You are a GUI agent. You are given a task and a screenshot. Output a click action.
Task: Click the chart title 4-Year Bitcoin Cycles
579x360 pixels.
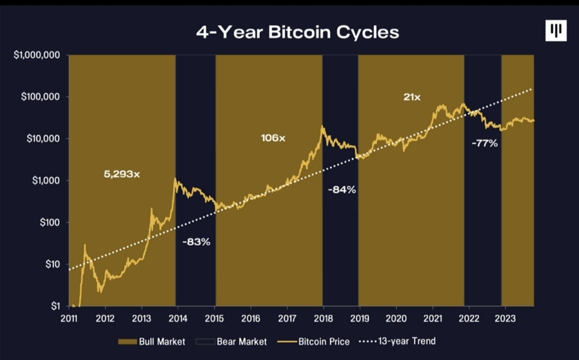[298, 32]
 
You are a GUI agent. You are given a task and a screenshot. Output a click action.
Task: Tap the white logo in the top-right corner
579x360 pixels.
[556, 30]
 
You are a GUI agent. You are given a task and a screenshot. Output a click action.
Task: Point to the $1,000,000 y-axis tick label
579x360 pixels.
[36, 55]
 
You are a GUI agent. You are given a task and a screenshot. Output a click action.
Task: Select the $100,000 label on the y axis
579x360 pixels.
[40, 97]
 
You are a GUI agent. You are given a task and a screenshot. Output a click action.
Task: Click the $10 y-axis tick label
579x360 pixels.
[53, 265]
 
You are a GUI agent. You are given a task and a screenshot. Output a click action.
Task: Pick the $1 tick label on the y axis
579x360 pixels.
[55, 306]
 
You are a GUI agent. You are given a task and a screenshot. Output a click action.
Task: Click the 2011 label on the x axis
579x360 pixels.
[69, 319]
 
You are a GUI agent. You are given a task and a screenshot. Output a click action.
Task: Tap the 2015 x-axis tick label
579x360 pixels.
[214, 319]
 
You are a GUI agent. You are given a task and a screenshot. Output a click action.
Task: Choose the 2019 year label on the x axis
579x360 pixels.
[360, 319]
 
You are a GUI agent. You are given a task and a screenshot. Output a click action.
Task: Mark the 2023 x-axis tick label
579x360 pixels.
[505, 319]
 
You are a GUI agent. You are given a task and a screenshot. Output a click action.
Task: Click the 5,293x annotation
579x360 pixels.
[122, 174]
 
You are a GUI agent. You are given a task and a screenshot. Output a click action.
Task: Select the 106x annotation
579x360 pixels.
[273, 138]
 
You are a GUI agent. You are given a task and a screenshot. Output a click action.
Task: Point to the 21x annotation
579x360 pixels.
[412, 97]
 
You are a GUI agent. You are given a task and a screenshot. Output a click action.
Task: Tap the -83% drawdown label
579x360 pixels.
[196, 242]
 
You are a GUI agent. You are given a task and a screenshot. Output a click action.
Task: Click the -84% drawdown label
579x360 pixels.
[342, 189]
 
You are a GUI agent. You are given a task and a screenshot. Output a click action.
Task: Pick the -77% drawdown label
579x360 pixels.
[485, 143]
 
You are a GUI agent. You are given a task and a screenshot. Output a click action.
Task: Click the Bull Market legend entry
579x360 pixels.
[151, 342]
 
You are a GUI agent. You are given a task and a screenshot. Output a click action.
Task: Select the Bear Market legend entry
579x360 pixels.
[231, 342]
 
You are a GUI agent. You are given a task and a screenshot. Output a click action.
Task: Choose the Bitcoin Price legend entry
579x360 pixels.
[314, 342]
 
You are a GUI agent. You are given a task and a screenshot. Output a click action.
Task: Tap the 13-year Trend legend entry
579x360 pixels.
[397, 341]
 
